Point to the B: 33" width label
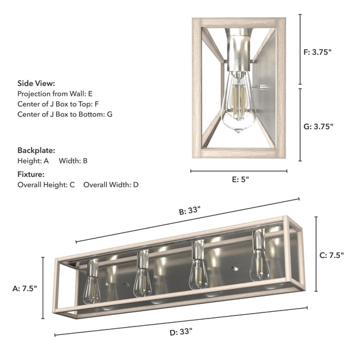pos(189,211)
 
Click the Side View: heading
pos(36,83)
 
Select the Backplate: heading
pos(36,149)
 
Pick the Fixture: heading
pos(31,174)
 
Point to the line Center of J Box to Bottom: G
pos(65,114)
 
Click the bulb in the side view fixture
pos(238,104)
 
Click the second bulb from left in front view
pos(142,281)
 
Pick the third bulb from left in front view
pos(198,273)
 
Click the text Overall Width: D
pos(111,184)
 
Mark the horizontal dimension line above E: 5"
pos(239,171)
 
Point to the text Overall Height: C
pos(46,184)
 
